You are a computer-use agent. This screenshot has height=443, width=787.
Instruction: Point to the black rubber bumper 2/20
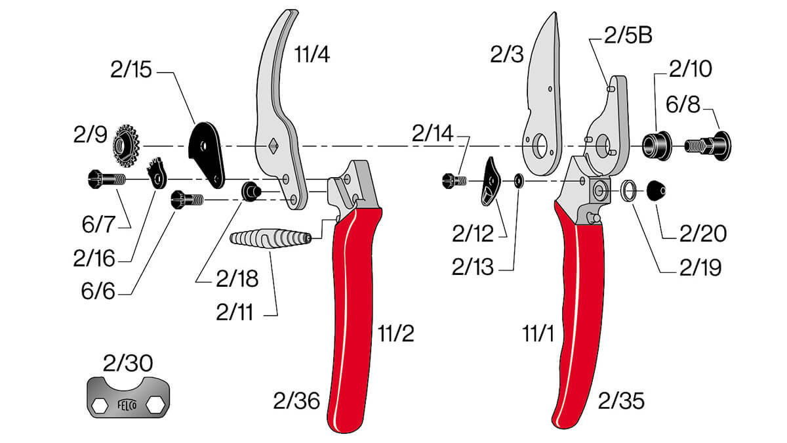click(656, 190)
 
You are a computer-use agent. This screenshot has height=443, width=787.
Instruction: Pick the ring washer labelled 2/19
click(630, 191)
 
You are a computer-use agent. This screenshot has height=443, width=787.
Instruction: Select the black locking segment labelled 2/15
click(207, 151)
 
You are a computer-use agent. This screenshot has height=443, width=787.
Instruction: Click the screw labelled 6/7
click(105, 178)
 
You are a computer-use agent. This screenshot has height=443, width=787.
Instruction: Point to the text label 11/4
click(312, 54)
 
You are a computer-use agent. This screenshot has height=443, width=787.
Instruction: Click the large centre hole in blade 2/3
click(540, 145)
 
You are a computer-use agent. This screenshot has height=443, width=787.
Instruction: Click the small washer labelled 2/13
click(519, 180)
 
